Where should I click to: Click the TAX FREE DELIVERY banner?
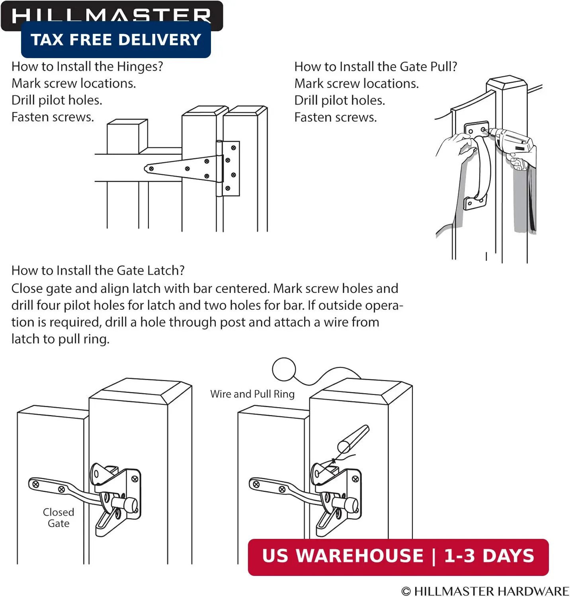[x=116, y=39]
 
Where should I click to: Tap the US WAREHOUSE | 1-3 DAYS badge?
[x=398, y=557]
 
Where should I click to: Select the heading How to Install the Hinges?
[x=87, y=66]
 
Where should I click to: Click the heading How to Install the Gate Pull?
[x=376, y=66]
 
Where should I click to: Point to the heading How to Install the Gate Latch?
[x=98, y=271]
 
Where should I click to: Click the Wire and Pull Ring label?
[x=252, y=394]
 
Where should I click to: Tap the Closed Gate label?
[x=59, y=518]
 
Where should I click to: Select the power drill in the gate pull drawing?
[x=513, y=145]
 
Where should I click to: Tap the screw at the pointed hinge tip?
[x=151, y=169]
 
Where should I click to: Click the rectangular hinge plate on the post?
[x=230, y=168]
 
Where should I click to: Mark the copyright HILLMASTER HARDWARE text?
[x=485, y=591]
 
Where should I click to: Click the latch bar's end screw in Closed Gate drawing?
[x=36, y=484]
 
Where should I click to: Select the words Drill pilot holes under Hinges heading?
[x=57, y=100]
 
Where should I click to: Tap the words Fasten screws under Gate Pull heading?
[x=336, y=117]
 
